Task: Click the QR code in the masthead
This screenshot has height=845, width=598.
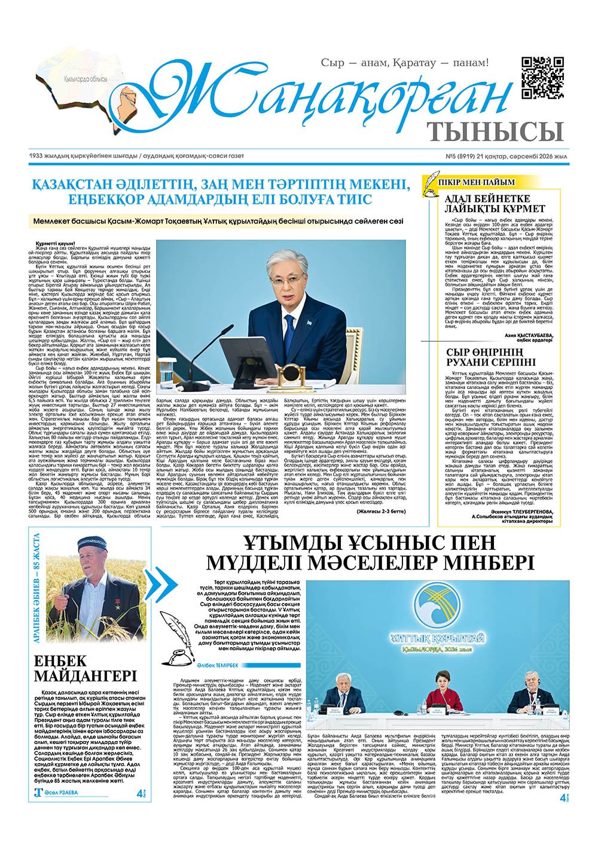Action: (x=542, y=77)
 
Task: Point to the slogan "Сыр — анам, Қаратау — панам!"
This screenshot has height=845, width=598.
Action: (x=405, y=62)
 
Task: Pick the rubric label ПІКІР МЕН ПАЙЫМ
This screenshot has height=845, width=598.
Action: (x=475, y=182)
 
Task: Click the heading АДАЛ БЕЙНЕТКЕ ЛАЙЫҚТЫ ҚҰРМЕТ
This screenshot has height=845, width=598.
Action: (x=495, y=203)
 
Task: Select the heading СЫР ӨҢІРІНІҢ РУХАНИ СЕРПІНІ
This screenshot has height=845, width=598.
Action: (x=495, y=358)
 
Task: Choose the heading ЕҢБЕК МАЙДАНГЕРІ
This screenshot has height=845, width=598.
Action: (x=85, y=668)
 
